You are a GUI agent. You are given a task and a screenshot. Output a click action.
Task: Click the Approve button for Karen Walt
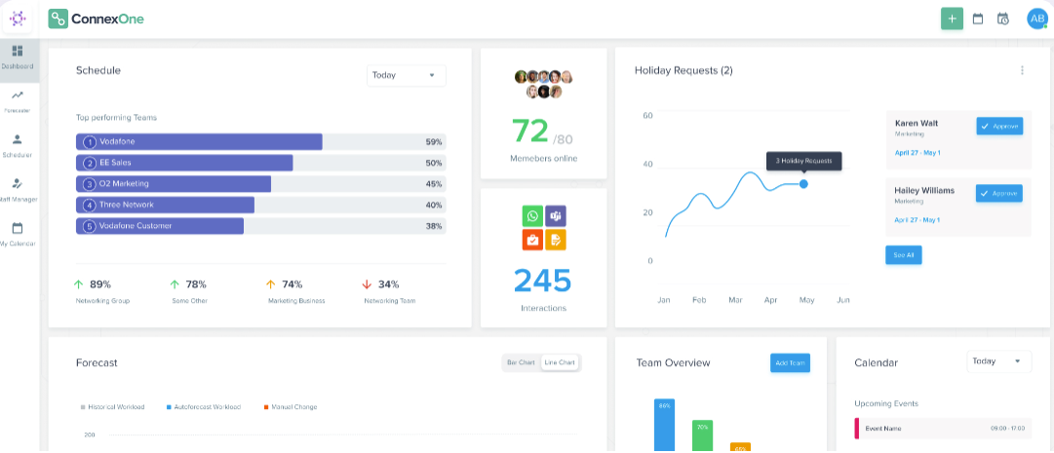click(x=998, y=126)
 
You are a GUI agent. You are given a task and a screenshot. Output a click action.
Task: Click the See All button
click(x=903, y=254)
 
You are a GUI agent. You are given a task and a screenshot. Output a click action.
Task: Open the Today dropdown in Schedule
click(x=406, y=75)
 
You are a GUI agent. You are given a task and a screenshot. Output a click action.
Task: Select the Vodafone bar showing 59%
click(x=199, y=141)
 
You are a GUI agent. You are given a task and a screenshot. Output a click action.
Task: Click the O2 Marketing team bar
click(x=174, y=184)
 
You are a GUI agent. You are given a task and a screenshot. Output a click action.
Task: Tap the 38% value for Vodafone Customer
click(x=434, y=226)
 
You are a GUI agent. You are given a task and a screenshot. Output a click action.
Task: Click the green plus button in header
click(x=952, y=19)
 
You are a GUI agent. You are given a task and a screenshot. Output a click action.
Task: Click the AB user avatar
click(x=1036, y=19)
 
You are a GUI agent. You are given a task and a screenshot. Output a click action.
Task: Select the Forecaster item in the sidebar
click(x=18, y=100)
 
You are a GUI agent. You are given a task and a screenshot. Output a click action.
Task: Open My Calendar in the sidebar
click(x=18, y=233)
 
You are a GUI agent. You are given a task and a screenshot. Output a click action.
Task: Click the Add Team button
click(x=790, y=362)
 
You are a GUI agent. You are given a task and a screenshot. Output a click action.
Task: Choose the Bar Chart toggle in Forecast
click(x=521, y=362)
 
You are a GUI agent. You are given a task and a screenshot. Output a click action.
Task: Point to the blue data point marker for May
click(x=803, y=183)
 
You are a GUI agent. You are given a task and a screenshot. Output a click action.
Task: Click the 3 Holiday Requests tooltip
click(x=803, y=160)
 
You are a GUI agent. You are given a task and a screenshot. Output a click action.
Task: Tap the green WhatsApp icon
click(x=531, y=216)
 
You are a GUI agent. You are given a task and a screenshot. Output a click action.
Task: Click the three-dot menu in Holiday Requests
click(x=1022, y=70)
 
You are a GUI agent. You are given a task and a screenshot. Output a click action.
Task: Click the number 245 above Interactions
click(x=543, y=280)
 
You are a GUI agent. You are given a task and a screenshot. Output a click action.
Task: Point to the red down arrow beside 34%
click(x=367, y=284)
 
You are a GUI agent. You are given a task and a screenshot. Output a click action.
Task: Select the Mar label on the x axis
click(x=735, y=300)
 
